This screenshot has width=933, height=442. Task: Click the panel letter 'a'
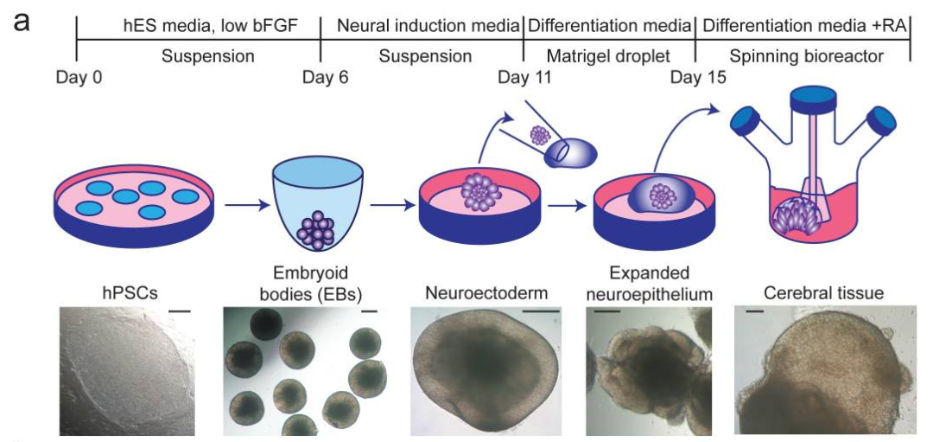pyautogui.click(x=22, y=20)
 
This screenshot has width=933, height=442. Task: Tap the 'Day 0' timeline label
pyautogui.click(x=79, y=79)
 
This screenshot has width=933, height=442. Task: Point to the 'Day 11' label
pyautogui.click(x=524, y=79)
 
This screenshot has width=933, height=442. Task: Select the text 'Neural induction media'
pyautogui.click(x=422, y=26)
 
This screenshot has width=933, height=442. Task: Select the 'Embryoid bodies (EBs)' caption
pyautogui.click(x=301, y=282)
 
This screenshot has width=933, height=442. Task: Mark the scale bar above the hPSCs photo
pyautogui.click(x=180, y=308)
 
